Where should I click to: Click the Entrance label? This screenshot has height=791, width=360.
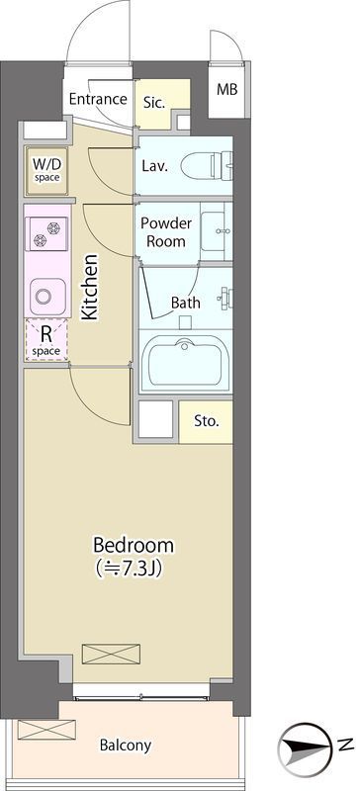pos(98,99)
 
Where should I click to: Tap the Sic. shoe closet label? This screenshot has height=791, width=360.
pos(154,103)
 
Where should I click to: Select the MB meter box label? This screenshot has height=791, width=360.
pos(226,90)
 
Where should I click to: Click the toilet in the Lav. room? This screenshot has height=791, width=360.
pos(207,165)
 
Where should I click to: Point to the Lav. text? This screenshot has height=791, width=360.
pos(154,166)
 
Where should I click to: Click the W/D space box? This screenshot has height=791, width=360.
pos(46,170)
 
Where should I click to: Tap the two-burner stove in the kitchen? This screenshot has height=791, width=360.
pos(46,233)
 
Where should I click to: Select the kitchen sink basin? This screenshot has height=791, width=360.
pos(47,297)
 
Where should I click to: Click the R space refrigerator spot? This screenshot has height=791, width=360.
pos(45,339)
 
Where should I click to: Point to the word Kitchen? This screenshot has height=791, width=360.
pos(89,287)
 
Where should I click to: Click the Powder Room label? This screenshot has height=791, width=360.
pos(166,232)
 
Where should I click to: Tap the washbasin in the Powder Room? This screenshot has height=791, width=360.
pos(217,232)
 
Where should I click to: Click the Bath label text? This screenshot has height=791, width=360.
pos(185,303)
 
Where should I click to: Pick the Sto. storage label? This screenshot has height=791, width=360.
pos(207,422)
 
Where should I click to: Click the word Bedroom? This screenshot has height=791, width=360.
pos(134,546)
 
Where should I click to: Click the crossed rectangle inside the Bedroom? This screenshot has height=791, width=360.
pos(111,654)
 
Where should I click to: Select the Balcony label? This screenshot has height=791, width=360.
pos(126,746)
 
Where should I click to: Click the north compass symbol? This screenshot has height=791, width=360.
pos(307,746)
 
